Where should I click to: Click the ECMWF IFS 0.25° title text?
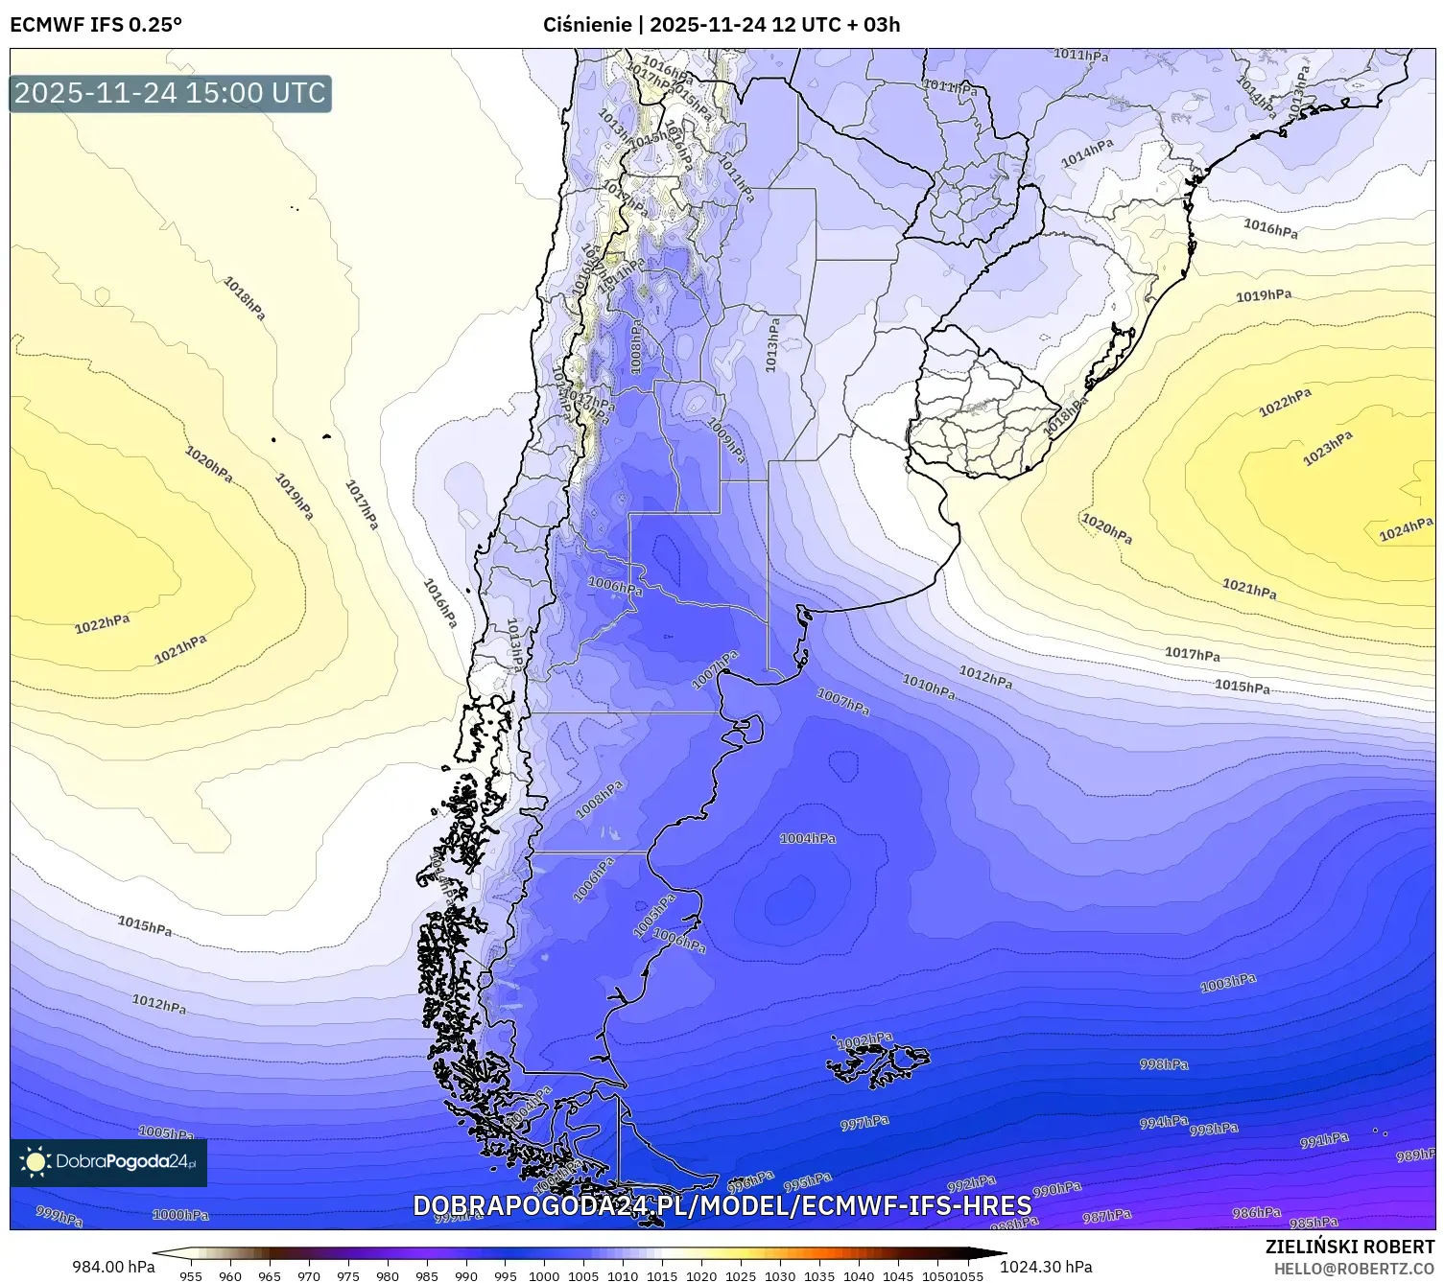click(x=96, y=24)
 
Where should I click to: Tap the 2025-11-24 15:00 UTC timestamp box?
click(x=170, y=93)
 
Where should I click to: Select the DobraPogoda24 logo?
click(x=108, y=1162)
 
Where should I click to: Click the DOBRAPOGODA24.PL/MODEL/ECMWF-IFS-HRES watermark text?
click(x=722, y=1205)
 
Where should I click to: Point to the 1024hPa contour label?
click(x=1406, y=530)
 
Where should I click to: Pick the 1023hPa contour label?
click(x=1327, y=449)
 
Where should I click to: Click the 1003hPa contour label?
click(x=1228, y=983)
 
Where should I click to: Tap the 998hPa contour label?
click(x=1164, y=1064)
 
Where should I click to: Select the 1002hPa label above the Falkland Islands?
click(x=864, y=1040)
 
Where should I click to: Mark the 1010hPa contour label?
click(x=929, y=686)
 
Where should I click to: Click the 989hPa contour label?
click(x=1415, y=1155)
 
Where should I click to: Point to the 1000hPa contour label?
click(x=180, y=1215)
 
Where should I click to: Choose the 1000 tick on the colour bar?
click(x=544, y=1275)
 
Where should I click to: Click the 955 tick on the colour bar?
click(x=191, y=1275)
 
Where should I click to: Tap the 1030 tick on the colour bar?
click(x=780, y=1275)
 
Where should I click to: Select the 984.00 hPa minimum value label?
click(x=113, y=1267)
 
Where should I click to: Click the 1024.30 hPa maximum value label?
click(x=1046, y=1267)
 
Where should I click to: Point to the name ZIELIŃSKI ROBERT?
click(x=1350, y=1247)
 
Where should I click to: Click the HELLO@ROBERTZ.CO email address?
click(x=1354, y=1269)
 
